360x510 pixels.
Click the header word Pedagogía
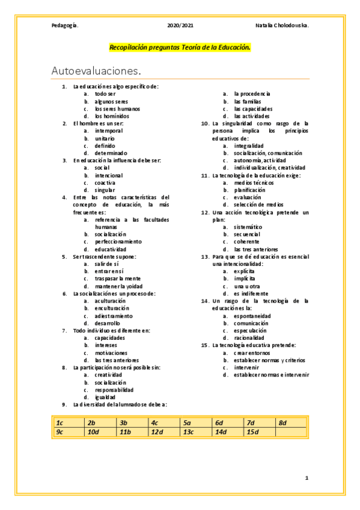click(x=65, y=26)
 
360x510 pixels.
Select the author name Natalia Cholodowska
click(x=282, y=26)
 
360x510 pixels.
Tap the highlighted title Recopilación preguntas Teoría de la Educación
click(x=180, y=47)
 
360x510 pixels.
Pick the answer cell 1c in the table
click(x=68, y=423)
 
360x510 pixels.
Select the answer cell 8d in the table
click(x=291, y=423)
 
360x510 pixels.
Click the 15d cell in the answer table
click(x=260, y=432)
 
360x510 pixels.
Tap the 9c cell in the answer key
click(x=68, y=432)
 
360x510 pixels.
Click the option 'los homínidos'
click(x=112, y=116)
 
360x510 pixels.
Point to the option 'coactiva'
click(x=105, y=182)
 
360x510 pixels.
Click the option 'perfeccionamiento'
click(x=118, y=241)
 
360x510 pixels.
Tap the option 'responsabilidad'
click(x=115, y=389)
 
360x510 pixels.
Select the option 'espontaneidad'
click(x=252, y=315)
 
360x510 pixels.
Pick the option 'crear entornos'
click(x=253, y=352)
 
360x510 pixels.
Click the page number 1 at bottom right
click(x=307, y=478)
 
